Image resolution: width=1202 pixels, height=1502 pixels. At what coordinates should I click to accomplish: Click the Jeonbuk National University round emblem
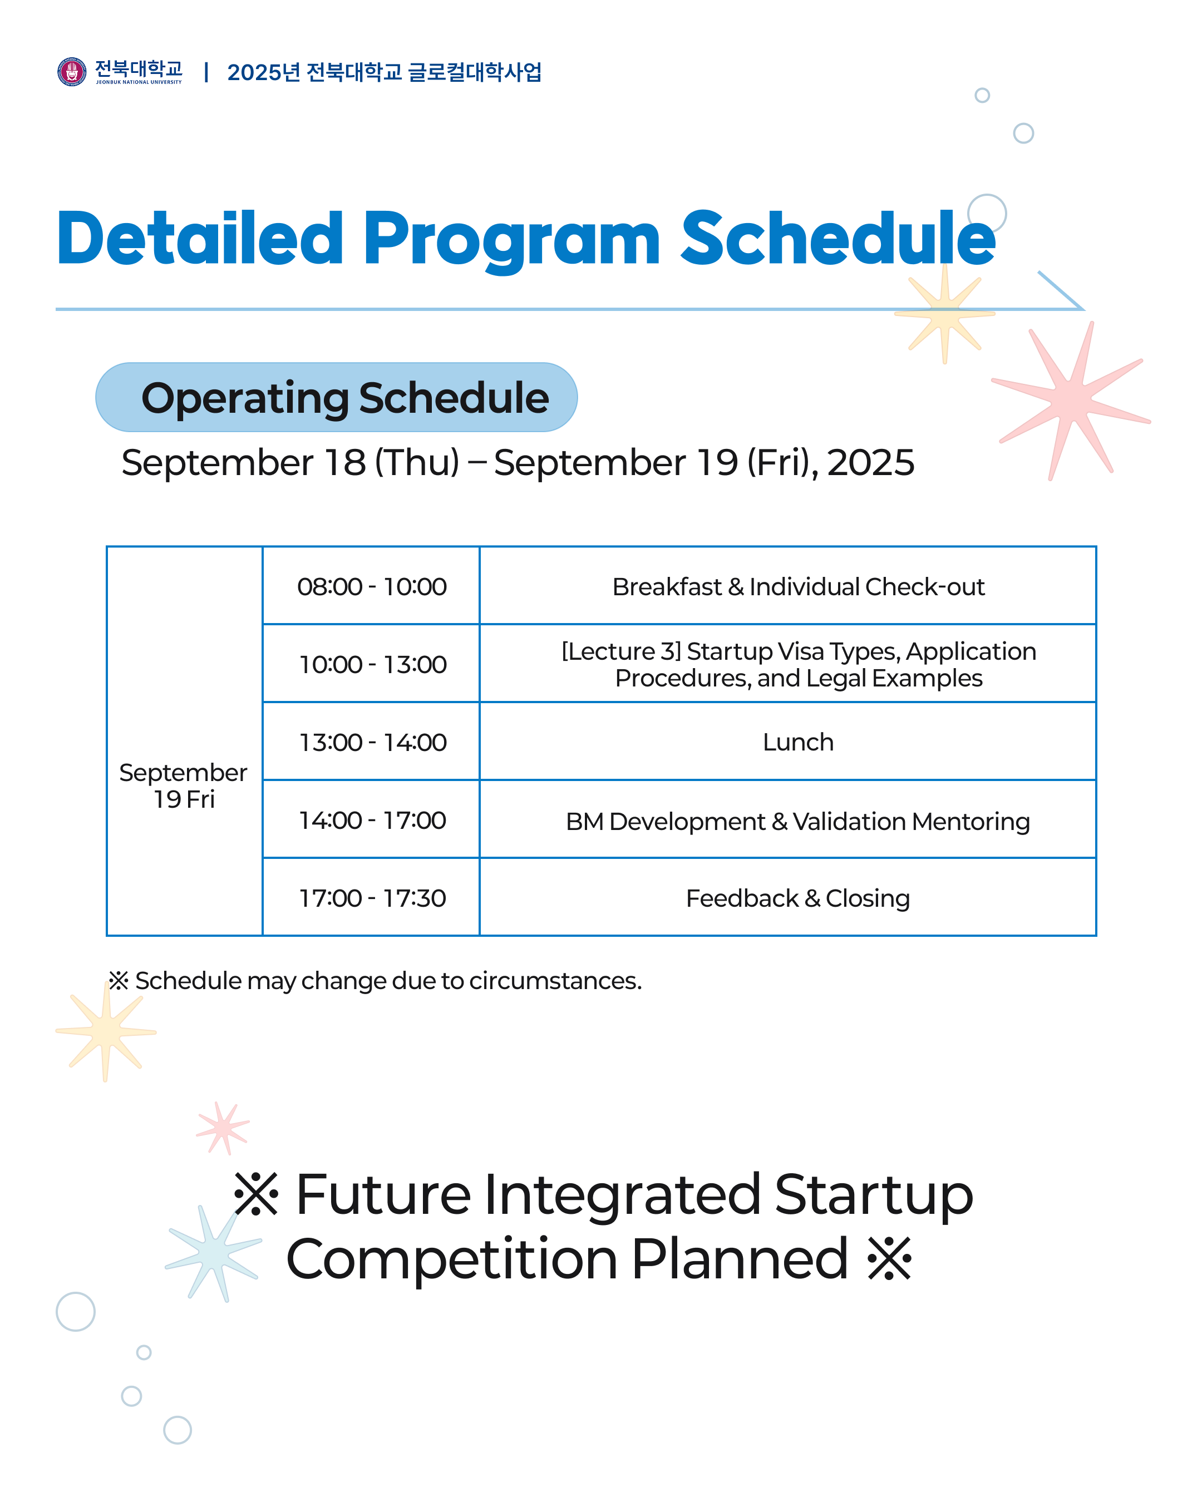[x=71, y=72]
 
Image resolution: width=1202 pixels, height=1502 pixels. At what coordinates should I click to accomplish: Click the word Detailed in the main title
[x=200, y=239]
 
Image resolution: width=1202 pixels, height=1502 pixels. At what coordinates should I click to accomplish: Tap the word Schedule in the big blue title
[x=837, y=239]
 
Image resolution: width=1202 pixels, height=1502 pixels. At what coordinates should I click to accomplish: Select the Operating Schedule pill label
[x=336, y=397]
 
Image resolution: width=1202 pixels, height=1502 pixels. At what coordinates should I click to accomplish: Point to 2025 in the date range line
[x=870, y=463]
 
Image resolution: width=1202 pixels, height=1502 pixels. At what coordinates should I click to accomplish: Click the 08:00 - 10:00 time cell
[x=371, y=586]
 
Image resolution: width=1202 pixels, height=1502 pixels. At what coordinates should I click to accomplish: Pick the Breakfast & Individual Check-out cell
[x=798, y=586]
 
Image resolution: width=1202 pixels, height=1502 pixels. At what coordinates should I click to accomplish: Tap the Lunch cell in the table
[x=798, y=743]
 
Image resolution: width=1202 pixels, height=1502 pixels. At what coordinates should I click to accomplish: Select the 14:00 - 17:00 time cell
[x=371, y=821]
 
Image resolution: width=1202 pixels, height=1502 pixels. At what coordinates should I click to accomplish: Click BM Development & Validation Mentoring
[x=798, y=821]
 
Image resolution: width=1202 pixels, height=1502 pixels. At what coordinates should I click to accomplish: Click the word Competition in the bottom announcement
[x=451, y=1259]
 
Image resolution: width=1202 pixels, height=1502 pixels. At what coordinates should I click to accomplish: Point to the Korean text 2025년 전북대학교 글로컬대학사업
[x=384, y=72]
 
